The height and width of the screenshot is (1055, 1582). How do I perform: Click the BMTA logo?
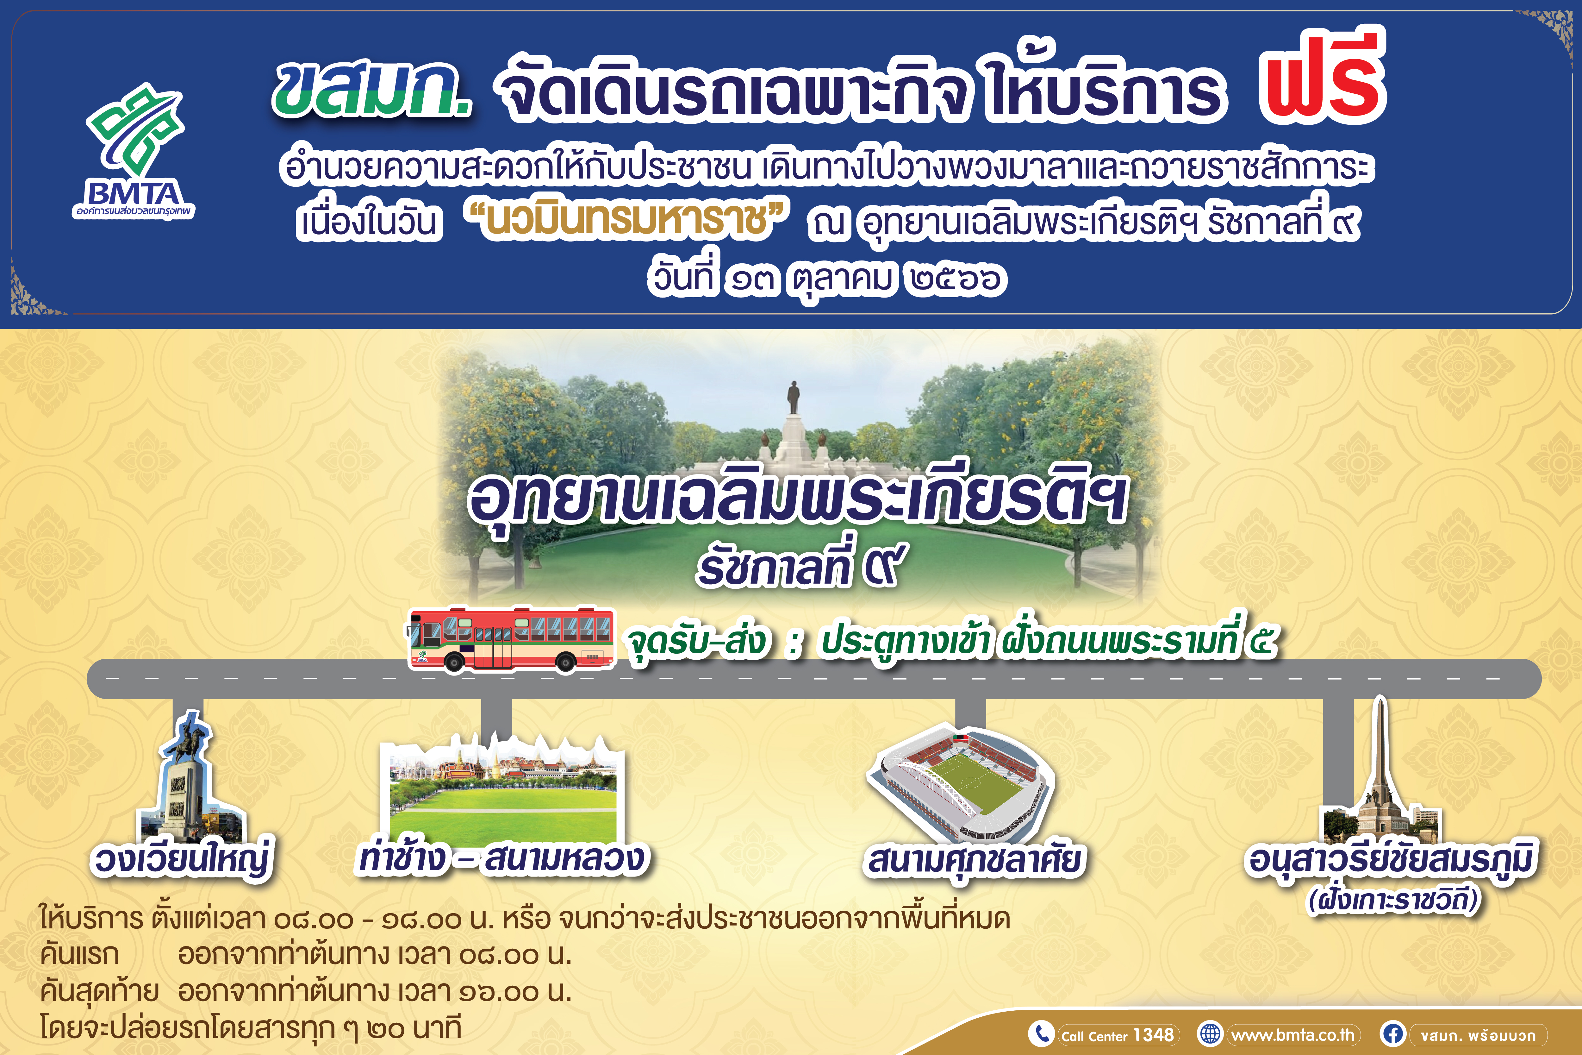[134, 151]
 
